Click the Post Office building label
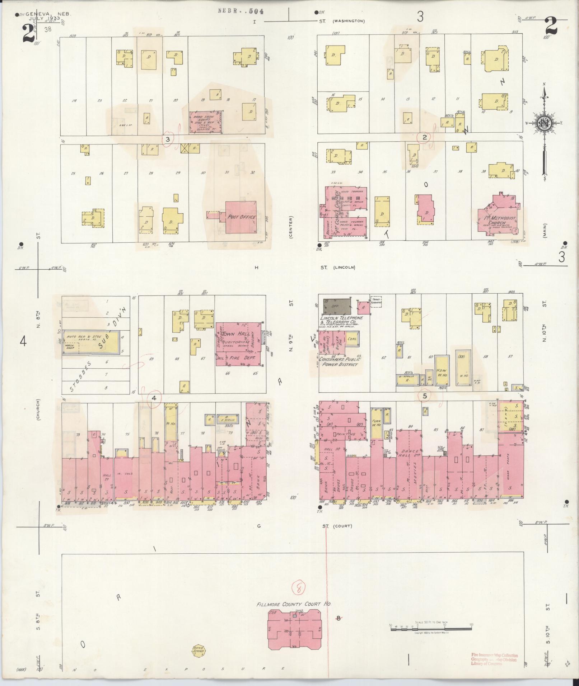[x=242, y=217]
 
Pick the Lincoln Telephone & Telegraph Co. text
[x=341, y=320]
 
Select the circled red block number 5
[x=425, y=396]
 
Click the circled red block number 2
[x=424, y=137]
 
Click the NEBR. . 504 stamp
[x=241, y=11]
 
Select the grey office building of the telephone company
[x=337, y=306]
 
